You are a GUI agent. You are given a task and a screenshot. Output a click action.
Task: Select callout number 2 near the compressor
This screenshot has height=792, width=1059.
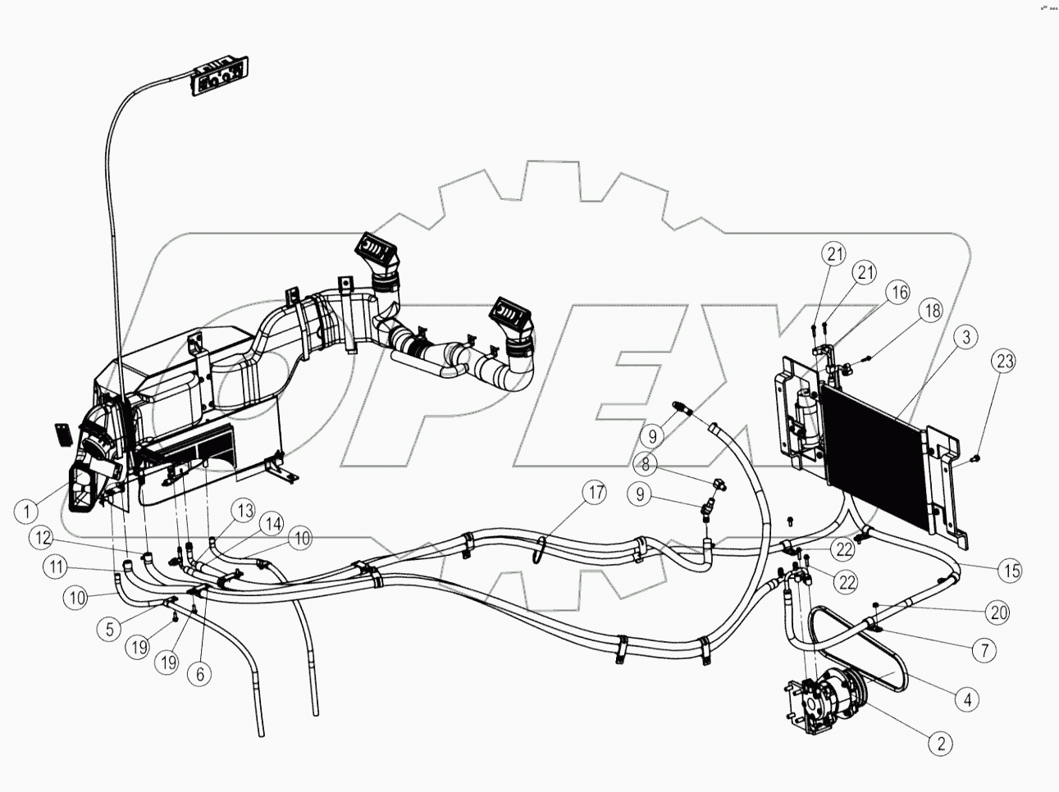(x=940, y=744)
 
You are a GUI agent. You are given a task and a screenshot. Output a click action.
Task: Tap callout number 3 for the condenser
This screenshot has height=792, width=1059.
(x=965, y=335)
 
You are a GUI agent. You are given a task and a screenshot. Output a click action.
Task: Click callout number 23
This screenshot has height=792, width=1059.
(x=1005, y=360)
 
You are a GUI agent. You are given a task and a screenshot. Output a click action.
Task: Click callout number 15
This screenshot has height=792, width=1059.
(x=1011, y=570)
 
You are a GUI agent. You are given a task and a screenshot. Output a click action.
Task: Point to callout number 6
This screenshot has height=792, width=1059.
(x=199, y=674)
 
